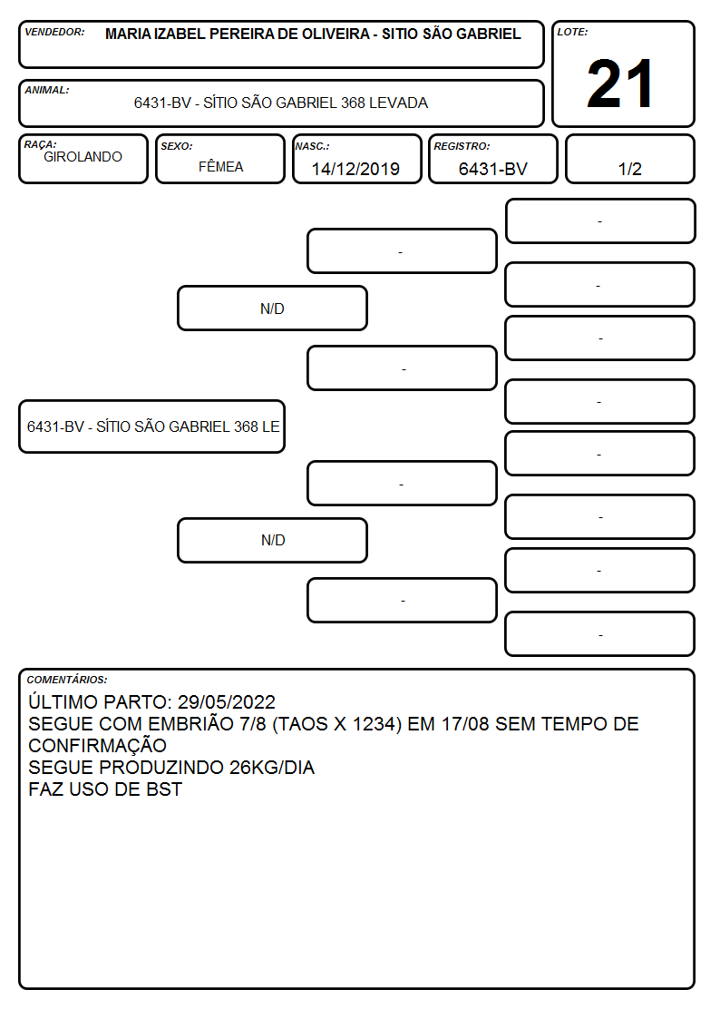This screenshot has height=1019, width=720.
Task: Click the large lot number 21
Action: [620, 83]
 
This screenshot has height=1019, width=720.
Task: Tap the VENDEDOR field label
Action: [54, 32]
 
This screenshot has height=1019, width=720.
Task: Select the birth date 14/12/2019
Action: [355, 169]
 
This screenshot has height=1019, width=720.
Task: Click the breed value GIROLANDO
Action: [83, 157]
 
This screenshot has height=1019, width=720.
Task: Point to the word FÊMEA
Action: [220, 166]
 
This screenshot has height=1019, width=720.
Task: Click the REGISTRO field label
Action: [462, 146]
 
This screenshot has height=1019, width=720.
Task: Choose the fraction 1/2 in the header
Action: [629, 169]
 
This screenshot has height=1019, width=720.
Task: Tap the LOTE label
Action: [572, 32]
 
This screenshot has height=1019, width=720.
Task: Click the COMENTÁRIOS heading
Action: [67, 680]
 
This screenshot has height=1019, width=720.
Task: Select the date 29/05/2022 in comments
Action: [227, 701]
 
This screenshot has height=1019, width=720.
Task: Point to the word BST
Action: [164, 789]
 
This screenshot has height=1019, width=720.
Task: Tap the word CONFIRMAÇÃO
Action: [97, 745]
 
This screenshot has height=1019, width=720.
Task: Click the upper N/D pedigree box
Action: [273, 308]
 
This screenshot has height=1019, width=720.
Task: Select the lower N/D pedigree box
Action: [273, 540]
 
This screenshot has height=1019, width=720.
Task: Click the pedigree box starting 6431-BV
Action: [152, 426]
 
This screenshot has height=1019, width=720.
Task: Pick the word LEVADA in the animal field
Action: [399, 103]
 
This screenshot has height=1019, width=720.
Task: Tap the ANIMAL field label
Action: [47, 91]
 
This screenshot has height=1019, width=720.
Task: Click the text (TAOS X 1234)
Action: [337, 724]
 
